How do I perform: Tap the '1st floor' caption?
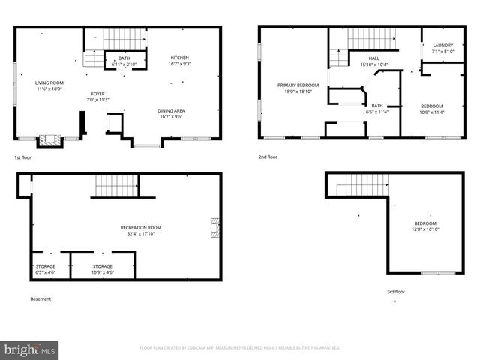[x=23, y=158]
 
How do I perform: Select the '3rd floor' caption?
[x=396, y=292]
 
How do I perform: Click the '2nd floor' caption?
[x=268, y=158]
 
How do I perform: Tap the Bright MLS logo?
[x=29, y=350]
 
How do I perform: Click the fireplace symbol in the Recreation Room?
[x=216, y=227]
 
